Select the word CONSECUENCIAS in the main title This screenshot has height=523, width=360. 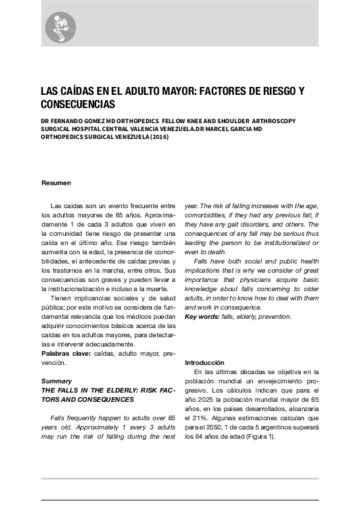[78, 105]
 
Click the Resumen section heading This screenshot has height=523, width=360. [56, 182]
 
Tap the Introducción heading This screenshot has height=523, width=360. [205, 363]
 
